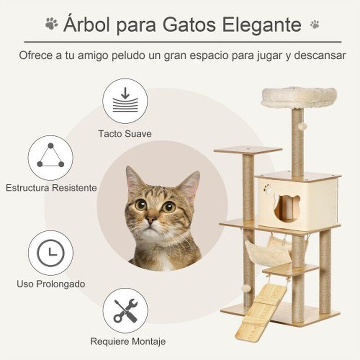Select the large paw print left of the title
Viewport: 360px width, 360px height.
[52, 24]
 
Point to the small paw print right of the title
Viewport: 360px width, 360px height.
[315, 24]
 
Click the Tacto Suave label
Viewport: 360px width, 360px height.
[125, 134]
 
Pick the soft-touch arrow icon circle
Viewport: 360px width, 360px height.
[125, 101]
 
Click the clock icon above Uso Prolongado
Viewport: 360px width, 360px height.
[51, 253]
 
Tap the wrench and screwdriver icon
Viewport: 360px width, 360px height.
[126, 311]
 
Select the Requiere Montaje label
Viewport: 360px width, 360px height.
[128, 342]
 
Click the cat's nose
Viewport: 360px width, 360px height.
[151, 220]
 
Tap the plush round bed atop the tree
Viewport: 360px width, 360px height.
[299, 97]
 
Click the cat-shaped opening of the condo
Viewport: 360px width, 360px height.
[287, 208]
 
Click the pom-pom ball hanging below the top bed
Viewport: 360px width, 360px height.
[303, 126]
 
